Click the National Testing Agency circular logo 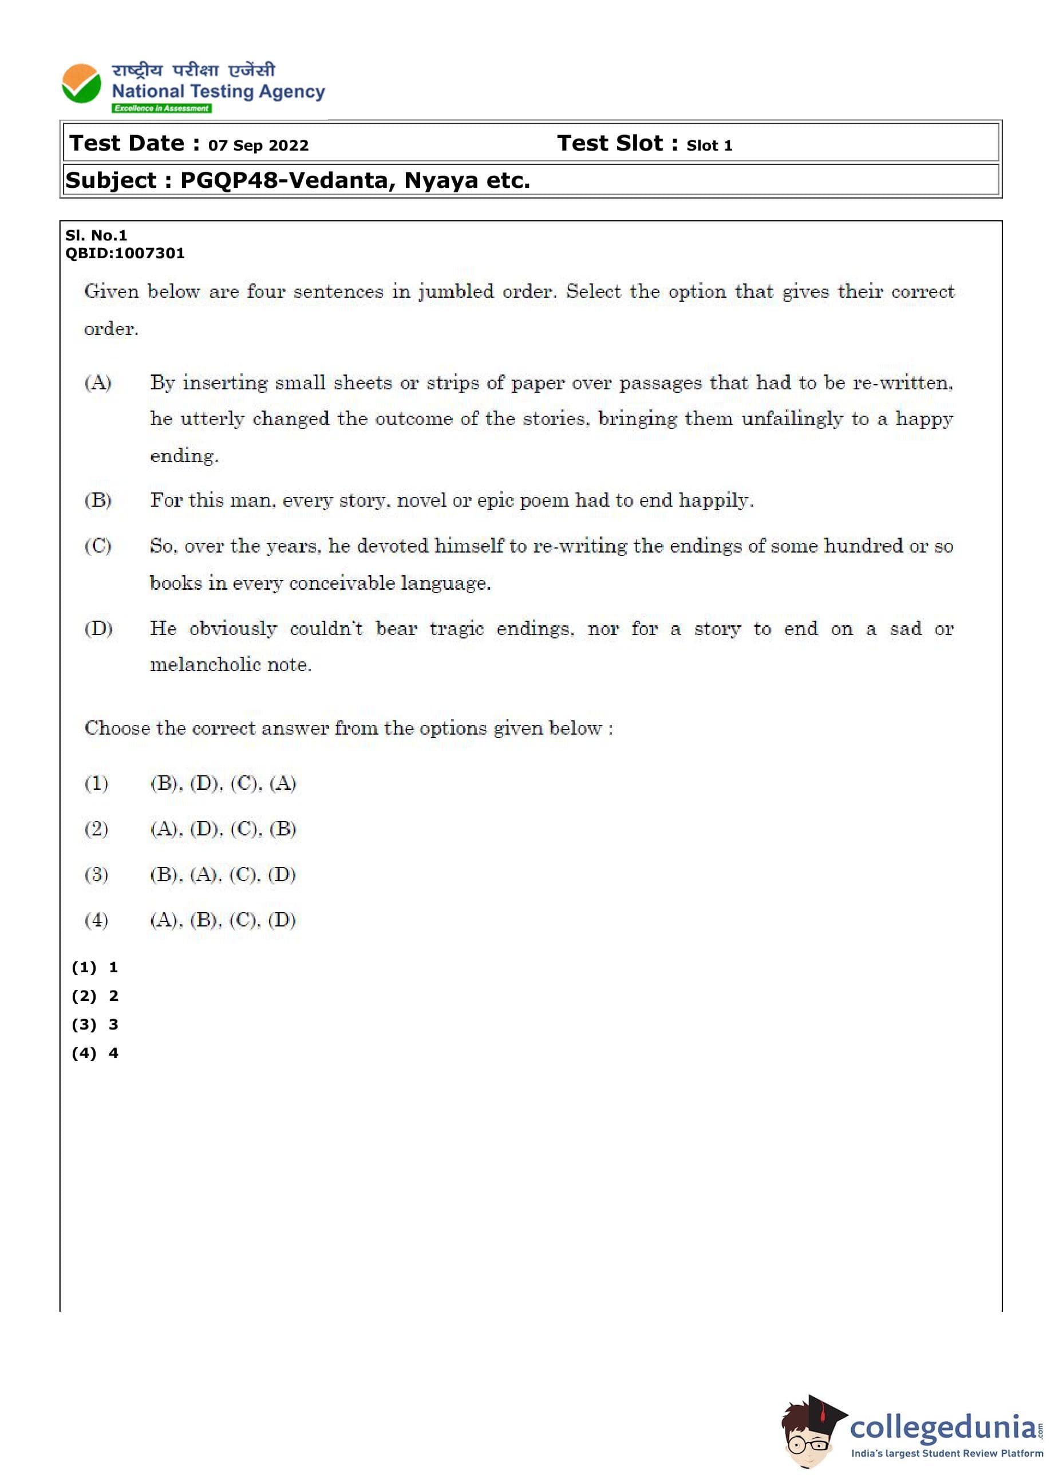point(81,84)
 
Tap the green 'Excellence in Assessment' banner point(161,108)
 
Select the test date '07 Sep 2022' point(258,145)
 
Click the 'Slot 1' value point(709,145)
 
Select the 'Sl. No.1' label point(96,235)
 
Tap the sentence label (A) point(98,382)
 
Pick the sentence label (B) point(98,500)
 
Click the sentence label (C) point(98,546)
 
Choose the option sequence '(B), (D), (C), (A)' point(223,783)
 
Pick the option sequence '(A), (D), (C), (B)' point(223,829)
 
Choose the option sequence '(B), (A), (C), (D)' point(223,874)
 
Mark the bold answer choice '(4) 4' point(95,1053)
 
